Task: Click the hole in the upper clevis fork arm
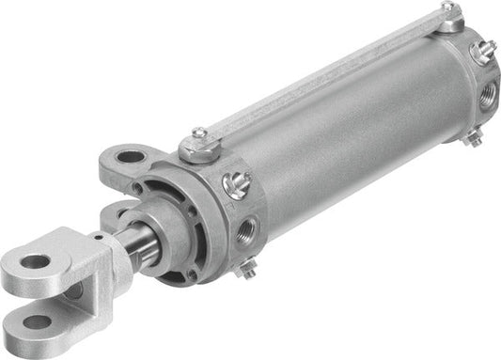click(35, 261)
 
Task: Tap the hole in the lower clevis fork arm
click(38, 322)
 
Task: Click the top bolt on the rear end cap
click(450, 11)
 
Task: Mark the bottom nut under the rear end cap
click(473, 138)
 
